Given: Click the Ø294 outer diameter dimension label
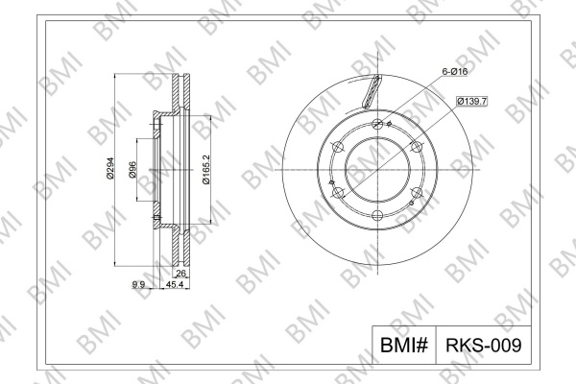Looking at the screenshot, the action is tap(110, 168).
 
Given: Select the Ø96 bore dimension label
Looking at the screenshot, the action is tap(132, 169).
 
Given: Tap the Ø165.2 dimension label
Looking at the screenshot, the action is tap(206, 169).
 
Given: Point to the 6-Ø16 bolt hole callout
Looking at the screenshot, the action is tap(455, 72).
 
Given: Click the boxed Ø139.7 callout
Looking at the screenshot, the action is tap(471, 101).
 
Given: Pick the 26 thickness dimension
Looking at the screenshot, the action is tap(181, 273).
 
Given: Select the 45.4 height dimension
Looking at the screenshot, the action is tap(175, 284).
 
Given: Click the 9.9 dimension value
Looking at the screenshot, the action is tap(138, 284).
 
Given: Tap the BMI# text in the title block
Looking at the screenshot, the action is tap(404, 345).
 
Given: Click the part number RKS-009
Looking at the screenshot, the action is tap(484, 345).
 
